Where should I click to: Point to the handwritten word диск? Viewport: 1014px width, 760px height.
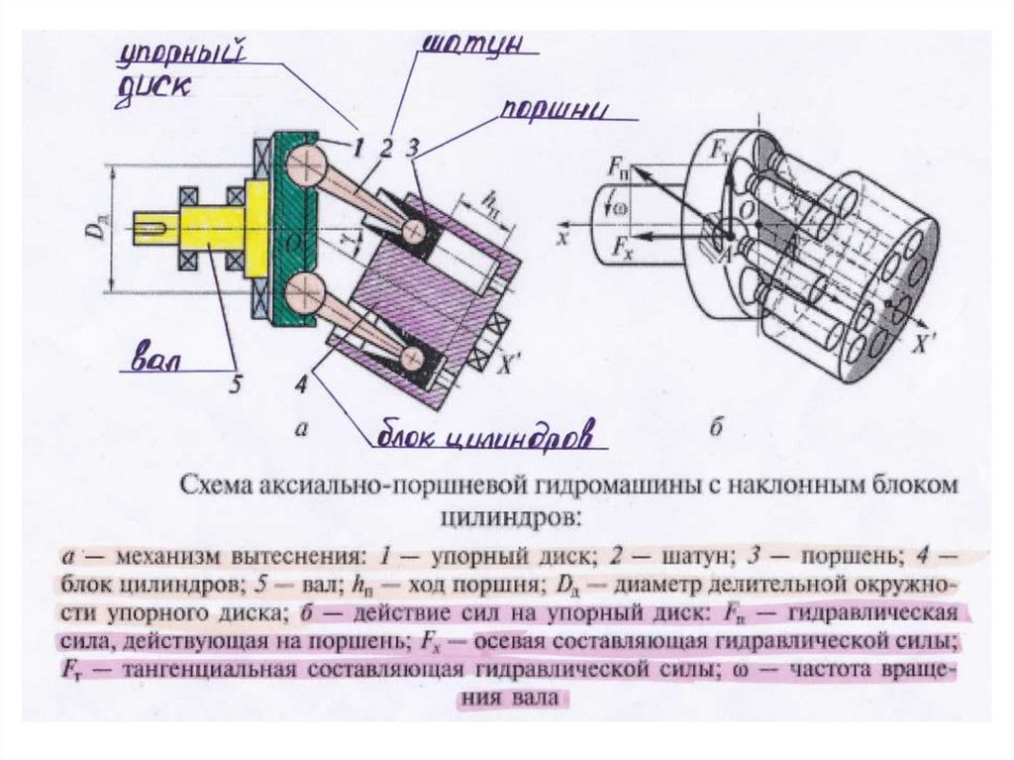tap(152, 86)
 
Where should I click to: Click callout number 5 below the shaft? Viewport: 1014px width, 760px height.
tap(235, 383)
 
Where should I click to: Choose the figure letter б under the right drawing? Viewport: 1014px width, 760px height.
tap(718, 429)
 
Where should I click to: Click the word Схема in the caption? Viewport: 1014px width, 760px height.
tap(216, 486)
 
